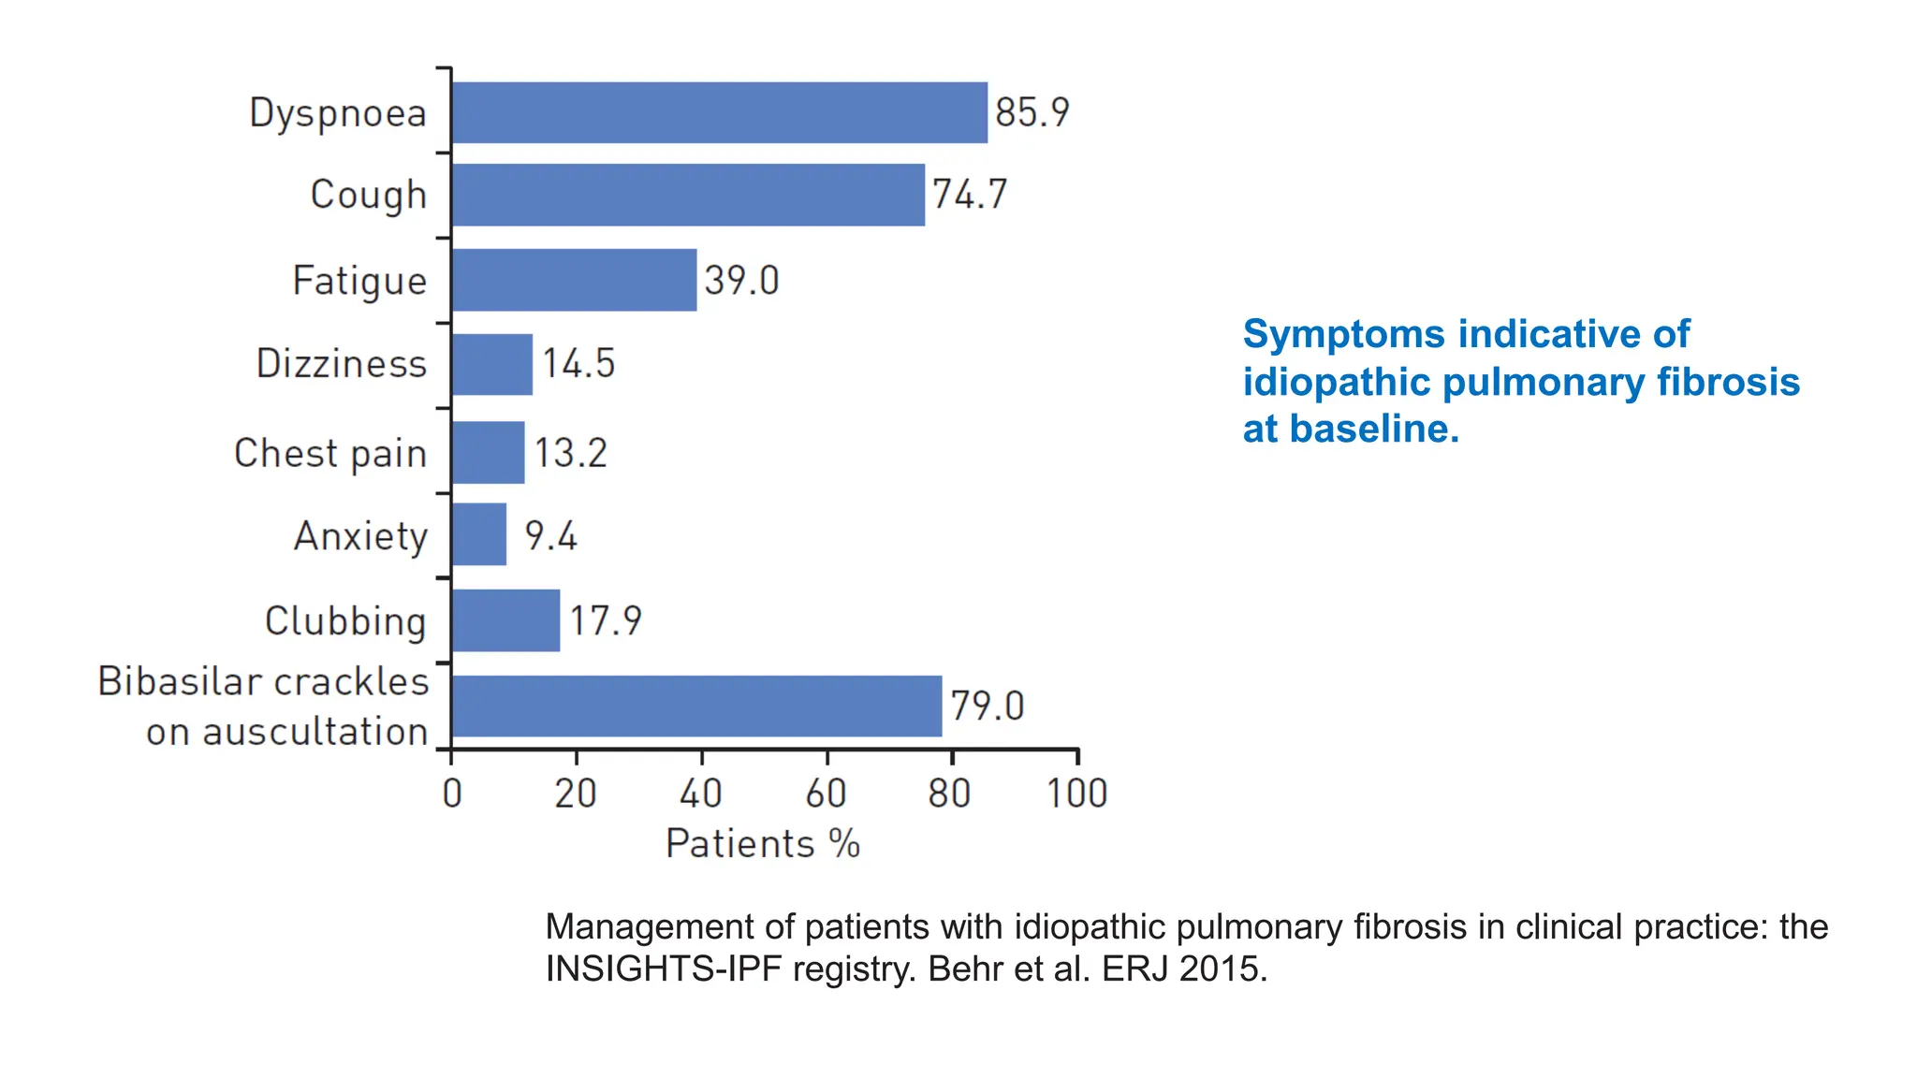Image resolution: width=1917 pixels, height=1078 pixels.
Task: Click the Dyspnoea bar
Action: tap(719, 112)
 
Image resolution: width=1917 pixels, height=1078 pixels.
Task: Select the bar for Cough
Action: tap(688, 195)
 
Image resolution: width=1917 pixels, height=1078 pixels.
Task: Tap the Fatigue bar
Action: tap(574, 280)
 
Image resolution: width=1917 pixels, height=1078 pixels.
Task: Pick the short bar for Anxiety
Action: tap(478, 534)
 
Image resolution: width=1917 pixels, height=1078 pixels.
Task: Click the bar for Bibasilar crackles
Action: tap(696, 706)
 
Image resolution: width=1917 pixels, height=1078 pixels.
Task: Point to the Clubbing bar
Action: tap(505, 620)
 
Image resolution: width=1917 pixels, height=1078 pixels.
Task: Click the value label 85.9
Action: tap(1032, 112)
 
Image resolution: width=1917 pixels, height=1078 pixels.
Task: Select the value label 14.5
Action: tap(578, 363)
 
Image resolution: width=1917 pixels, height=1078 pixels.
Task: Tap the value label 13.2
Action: tap(571, 453)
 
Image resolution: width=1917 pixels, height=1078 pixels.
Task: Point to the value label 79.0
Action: tap(988, 706)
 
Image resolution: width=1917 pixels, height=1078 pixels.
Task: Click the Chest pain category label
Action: tap(330, 454)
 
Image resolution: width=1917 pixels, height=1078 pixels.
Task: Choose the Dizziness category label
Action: tap(342, 364)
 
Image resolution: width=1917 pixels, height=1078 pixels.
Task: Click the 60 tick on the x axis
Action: tap(827, 794)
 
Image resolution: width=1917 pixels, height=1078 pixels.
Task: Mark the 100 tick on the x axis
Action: tap(1076, 794)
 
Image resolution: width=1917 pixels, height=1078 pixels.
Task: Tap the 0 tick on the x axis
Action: tap(452, 794)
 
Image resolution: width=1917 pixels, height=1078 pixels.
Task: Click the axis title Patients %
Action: tap(762, 844)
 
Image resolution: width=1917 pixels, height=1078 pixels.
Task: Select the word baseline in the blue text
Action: tap(1373, 430)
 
